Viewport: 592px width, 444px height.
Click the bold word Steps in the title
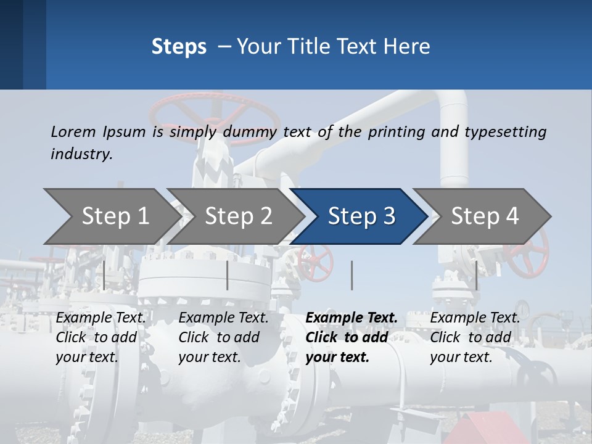coord(179,47)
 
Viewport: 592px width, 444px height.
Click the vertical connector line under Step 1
coord(104,275)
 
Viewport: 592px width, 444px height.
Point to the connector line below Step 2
coord(228,275)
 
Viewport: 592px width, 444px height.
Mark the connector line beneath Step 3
coord(352,275)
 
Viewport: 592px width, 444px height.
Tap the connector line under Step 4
coord(476,275)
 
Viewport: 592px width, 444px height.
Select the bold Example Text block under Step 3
coord(351,337)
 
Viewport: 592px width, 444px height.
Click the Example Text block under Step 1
coord(101,337)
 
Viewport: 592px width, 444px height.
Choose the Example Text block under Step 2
coord(223,337)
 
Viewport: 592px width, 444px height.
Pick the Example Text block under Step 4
coord(475,337)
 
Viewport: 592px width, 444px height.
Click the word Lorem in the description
coord(73,131)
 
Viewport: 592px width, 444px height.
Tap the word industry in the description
coord(81,154)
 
